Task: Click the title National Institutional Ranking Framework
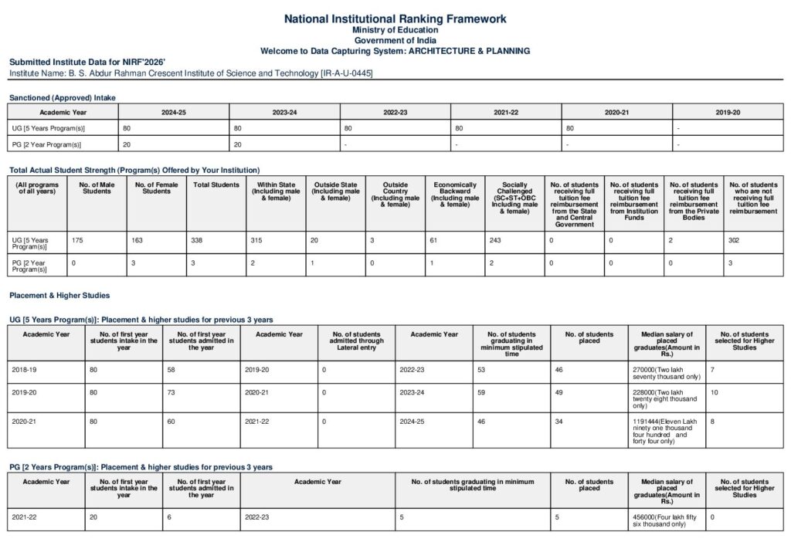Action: point(395,19)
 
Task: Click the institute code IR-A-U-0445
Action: point(350,73)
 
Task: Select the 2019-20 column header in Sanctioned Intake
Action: point(727,112)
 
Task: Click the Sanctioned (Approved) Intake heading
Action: point(62,98)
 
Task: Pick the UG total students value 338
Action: point(197,241)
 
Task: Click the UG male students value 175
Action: point(77,241)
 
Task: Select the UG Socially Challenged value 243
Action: point(496,241)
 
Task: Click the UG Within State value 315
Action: point(258,241)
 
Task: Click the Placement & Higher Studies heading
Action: point(59,295)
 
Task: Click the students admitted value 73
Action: point(171,392)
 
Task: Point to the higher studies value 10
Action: point(715,392)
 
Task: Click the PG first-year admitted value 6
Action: point(169,517)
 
